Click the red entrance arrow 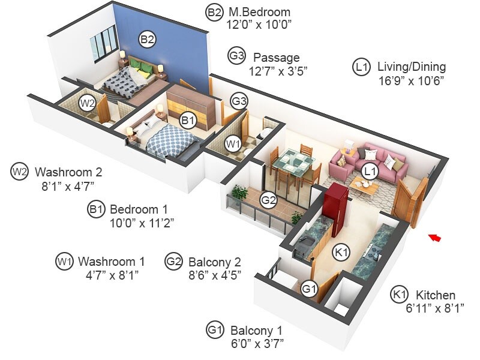point(436,238)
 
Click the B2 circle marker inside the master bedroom point(148,40)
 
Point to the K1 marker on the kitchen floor point(341,253)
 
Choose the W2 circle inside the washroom point(88,103)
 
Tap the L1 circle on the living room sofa point(370,171)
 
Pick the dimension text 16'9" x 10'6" point(412,80)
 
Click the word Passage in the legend point(276,58)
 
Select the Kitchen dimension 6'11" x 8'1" point(430,308)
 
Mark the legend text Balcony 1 point(256,330)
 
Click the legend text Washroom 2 point(73,172)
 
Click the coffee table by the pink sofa point(364,187)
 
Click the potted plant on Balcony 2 point(241,193)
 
